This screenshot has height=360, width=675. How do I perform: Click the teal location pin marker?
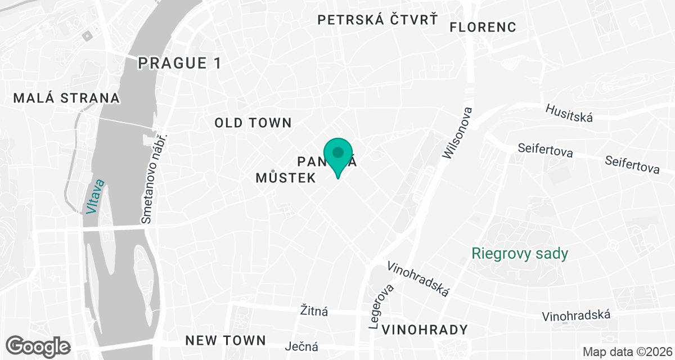point(338,156)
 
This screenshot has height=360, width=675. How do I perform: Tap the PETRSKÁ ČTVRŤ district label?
point(377,20)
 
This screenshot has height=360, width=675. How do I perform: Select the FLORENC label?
point(483,26)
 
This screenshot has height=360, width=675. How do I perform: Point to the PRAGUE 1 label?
point(181,63)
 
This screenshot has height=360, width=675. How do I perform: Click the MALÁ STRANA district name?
point(66,98)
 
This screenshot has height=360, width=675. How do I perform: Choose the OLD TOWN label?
point(253,123)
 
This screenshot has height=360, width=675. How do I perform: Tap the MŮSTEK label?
point(285,178)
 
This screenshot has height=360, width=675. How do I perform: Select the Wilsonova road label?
point(457,133)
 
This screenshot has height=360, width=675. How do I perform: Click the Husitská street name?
point(569,112)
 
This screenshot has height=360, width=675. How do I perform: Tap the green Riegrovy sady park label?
point(520,254)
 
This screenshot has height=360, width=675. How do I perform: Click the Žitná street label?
point(314,310)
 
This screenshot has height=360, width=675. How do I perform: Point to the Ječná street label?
point(302,346)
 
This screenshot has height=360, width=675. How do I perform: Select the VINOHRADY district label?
point(424,330)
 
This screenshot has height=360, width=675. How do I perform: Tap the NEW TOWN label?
point(225,340)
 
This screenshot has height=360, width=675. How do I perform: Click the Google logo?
point(38,345)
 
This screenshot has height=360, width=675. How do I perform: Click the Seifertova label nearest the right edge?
point(632,165)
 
